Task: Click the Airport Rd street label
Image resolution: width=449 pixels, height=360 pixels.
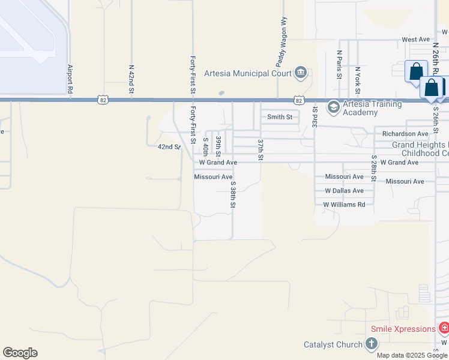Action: point(70,78)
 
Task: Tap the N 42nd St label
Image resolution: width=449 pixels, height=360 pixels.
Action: point(131,79)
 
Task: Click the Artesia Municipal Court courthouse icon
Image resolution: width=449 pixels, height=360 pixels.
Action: point(301,74)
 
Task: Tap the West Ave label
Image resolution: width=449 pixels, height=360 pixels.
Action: point(416,40)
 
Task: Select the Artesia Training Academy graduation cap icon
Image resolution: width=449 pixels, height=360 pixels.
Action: point(333,107)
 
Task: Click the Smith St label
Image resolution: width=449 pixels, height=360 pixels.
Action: point(280,117)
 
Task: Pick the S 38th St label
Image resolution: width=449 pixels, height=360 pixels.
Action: point(232,195)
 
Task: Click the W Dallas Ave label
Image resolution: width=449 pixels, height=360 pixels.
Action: point(344,191)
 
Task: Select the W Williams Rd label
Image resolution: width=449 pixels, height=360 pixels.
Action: point(344,205)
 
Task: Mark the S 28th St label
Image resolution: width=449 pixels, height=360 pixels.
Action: point(373,170)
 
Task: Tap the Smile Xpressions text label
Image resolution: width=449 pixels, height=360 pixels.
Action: point(403,329)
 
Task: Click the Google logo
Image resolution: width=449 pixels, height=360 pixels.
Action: point(20,353)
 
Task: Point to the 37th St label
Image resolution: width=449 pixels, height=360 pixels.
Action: point(261,150)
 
